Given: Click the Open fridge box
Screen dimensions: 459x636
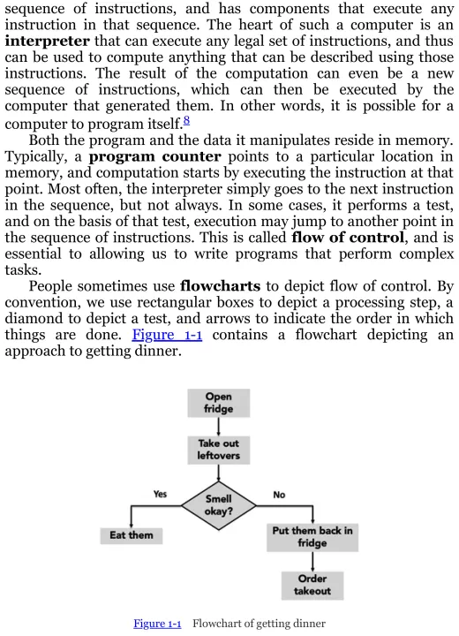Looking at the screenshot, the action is (x=219, y=403).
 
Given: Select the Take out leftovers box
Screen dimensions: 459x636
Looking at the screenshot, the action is (x=219, y=450).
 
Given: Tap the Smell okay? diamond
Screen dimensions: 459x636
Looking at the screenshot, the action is (x=219, y=505).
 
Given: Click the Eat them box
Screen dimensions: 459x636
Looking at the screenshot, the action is (x=132, y=535).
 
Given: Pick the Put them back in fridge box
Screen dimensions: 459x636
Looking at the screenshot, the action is (x=312, y=537).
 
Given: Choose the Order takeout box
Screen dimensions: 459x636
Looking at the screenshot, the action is (x=312, y=586).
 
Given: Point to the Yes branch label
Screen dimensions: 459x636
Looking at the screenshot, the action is (x=160, y=494).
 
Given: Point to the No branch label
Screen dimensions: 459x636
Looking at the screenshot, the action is (x=279, y=495).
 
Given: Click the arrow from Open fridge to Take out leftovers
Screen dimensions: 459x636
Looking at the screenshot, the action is (x=219, y=427).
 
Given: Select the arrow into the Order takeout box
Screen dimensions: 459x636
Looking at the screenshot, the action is (x=312, y=562).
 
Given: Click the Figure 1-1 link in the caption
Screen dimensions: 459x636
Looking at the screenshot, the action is (x=157, y=624).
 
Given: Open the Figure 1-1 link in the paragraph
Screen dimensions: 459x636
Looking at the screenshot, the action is (x=167, y=335).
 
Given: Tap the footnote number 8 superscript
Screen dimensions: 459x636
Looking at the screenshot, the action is (x=186, y=120).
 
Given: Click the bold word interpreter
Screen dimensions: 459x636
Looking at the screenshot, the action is (x=47, y=42).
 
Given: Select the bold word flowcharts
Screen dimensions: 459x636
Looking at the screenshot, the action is (x=220, y=286).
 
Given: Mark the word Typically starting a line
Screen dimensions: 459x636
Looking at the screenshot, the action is (x=35, y=157).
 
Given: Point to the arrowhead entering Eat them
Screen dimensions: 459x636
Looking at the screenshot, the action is (x=131, y=525).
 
